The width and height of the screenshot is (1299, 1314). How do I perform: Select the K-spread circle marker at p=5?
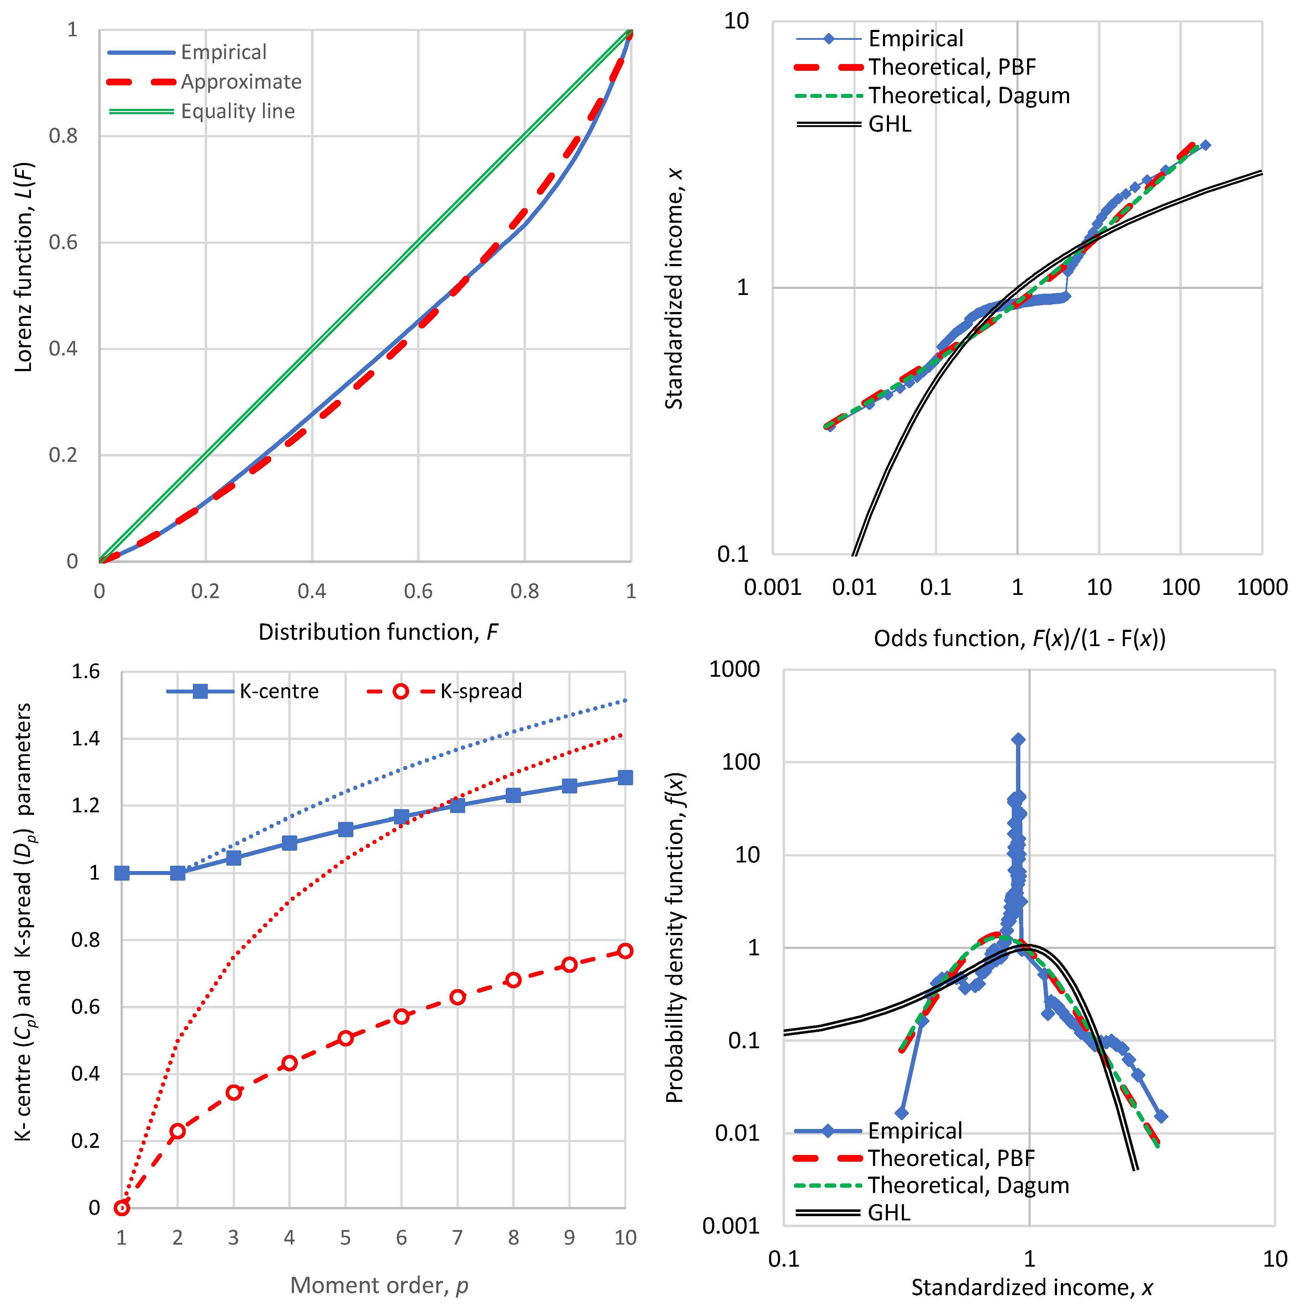[346, 1038]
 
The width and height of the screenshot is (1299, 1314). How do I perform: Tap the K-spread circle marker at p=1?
[122, 1208]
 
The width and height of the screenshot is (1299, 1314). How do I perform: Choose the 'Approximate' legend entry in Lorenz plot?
[241, 81]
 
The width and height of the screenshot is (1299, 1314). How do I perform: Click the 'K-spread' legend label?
[481, 691]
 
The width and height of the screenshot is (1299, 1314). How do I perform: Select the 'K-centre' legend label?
[279, 691]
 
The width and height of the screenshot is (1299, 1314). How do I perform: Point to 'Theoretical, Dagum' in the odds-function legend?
[968, 95]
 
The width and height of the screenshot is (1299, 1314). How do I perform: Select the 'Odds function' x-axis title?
[1019, 638]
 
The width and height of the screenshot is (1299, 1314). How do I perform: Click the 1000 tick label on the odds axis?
[1262, 587]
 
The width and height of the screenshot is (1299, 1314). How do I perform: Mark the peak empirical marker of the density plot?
[1017, 739]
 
